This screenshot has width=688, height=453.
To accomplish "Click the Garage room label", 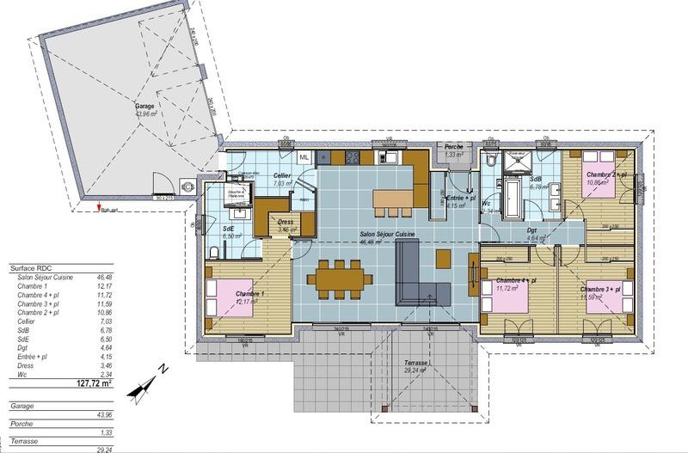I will point(144,108).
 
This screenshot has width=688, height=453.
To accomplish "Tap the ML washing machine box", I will point(304,157).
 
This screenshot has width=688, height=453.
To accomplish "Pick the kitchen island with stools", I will point(393,201).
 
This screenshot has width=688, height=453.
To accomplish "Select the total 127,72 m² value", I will point(95,384).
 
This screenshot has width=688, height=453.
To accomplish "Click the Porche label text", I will point(454,147).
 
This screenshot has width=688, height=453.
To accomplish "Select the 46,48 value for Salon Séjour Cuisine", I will point(105,278).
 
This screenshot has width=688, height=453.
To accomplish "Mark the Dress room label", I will point(286,222).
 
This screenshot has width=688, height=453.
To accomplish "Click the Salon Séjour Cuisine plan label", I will point(389,234).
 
